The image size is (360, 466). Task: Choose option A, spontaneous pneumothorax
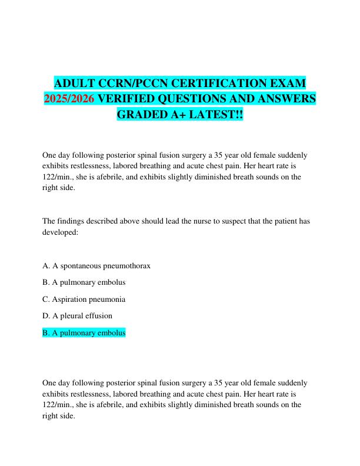[97, 265]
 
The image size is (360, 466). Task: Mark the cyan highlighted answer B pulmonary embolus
[84, 332]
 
